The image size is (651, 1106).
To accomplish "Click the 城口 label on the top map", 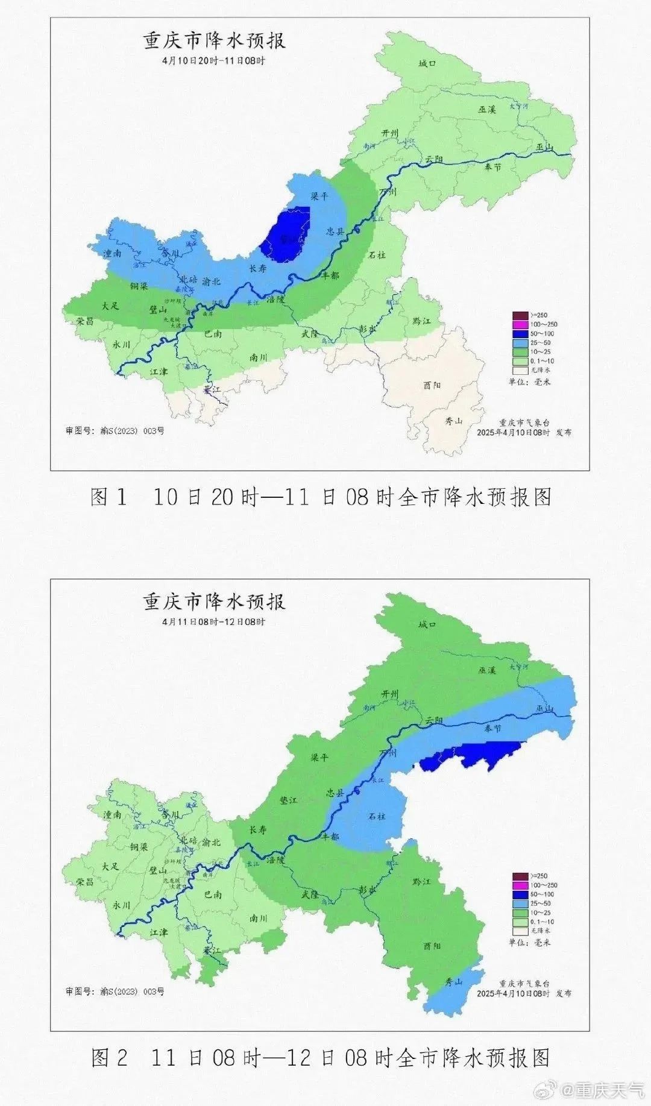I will [427, 63].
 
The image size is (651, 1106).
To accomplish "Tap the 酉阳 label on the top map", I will [432, 385].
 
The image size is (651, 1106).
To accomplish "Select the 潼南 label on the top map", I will [112, 253].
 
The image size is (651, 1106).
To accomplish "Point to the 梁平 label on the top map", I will [318, 196].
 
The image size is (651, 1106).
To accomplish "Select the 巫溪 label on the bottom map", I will [487, 670].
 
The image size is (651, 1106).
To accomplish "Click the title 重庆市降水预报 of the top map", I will [214, 41].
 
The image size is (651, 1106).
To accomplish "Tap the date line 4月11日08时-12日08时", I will [213, 621].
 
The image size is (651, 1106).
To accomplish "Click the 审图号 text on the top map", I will [115, 431].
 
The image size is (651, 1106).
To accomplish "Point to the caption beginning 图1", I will [320, 497].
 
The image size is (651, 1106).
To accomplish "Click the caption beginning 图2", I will [320, 1058].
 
